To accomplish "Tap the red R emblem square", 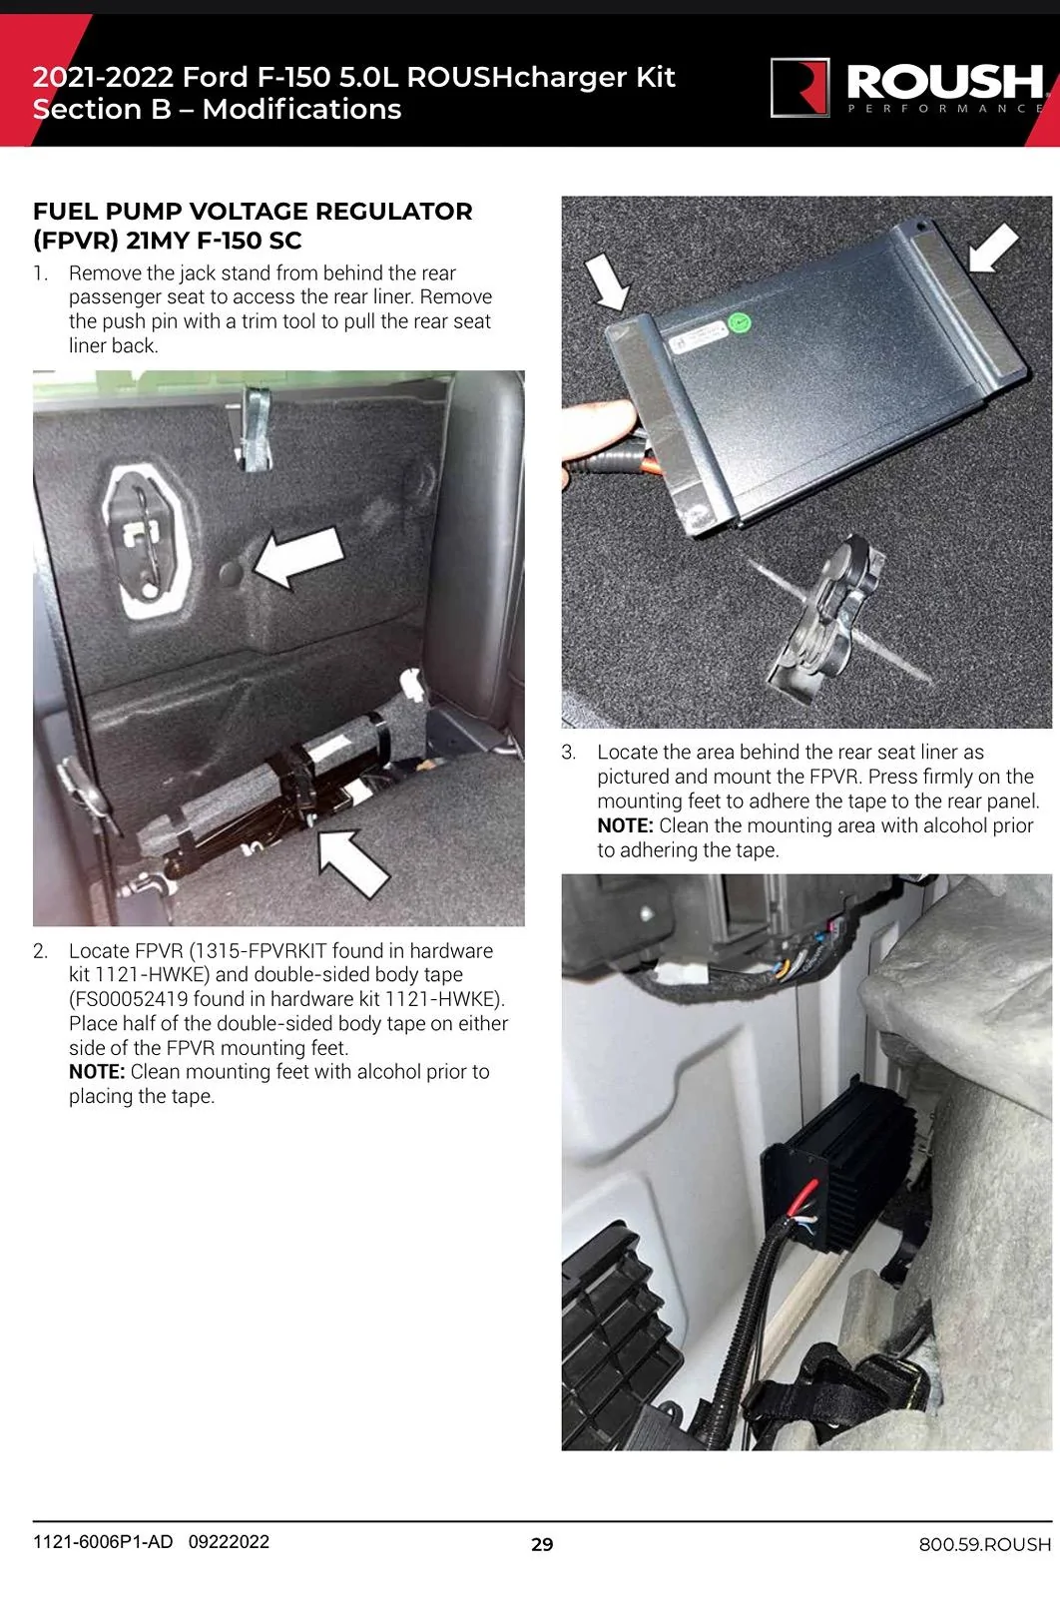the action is point(800,87).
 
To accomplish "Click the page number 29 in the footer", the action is point(542,1544).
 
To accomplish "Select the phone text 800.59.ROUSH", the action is point(984,1544).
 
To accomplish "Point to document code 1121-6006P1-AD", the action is point(103,1541).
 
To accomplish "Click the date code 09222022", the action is point(229,1541).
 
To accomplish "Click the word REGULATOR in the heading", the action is point(393,211).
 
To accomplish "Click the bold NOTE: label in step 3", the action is point(625,825).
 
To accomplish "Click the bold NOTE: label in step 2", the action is point(97,1072).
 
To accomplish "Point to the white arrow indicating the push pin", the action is point(299,556).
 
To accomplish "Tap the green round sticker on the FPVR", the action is point(741,323).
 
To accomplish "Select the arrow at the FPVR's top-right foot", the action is point(994,248).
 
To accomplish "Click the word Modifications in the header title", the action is point(302,109).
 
